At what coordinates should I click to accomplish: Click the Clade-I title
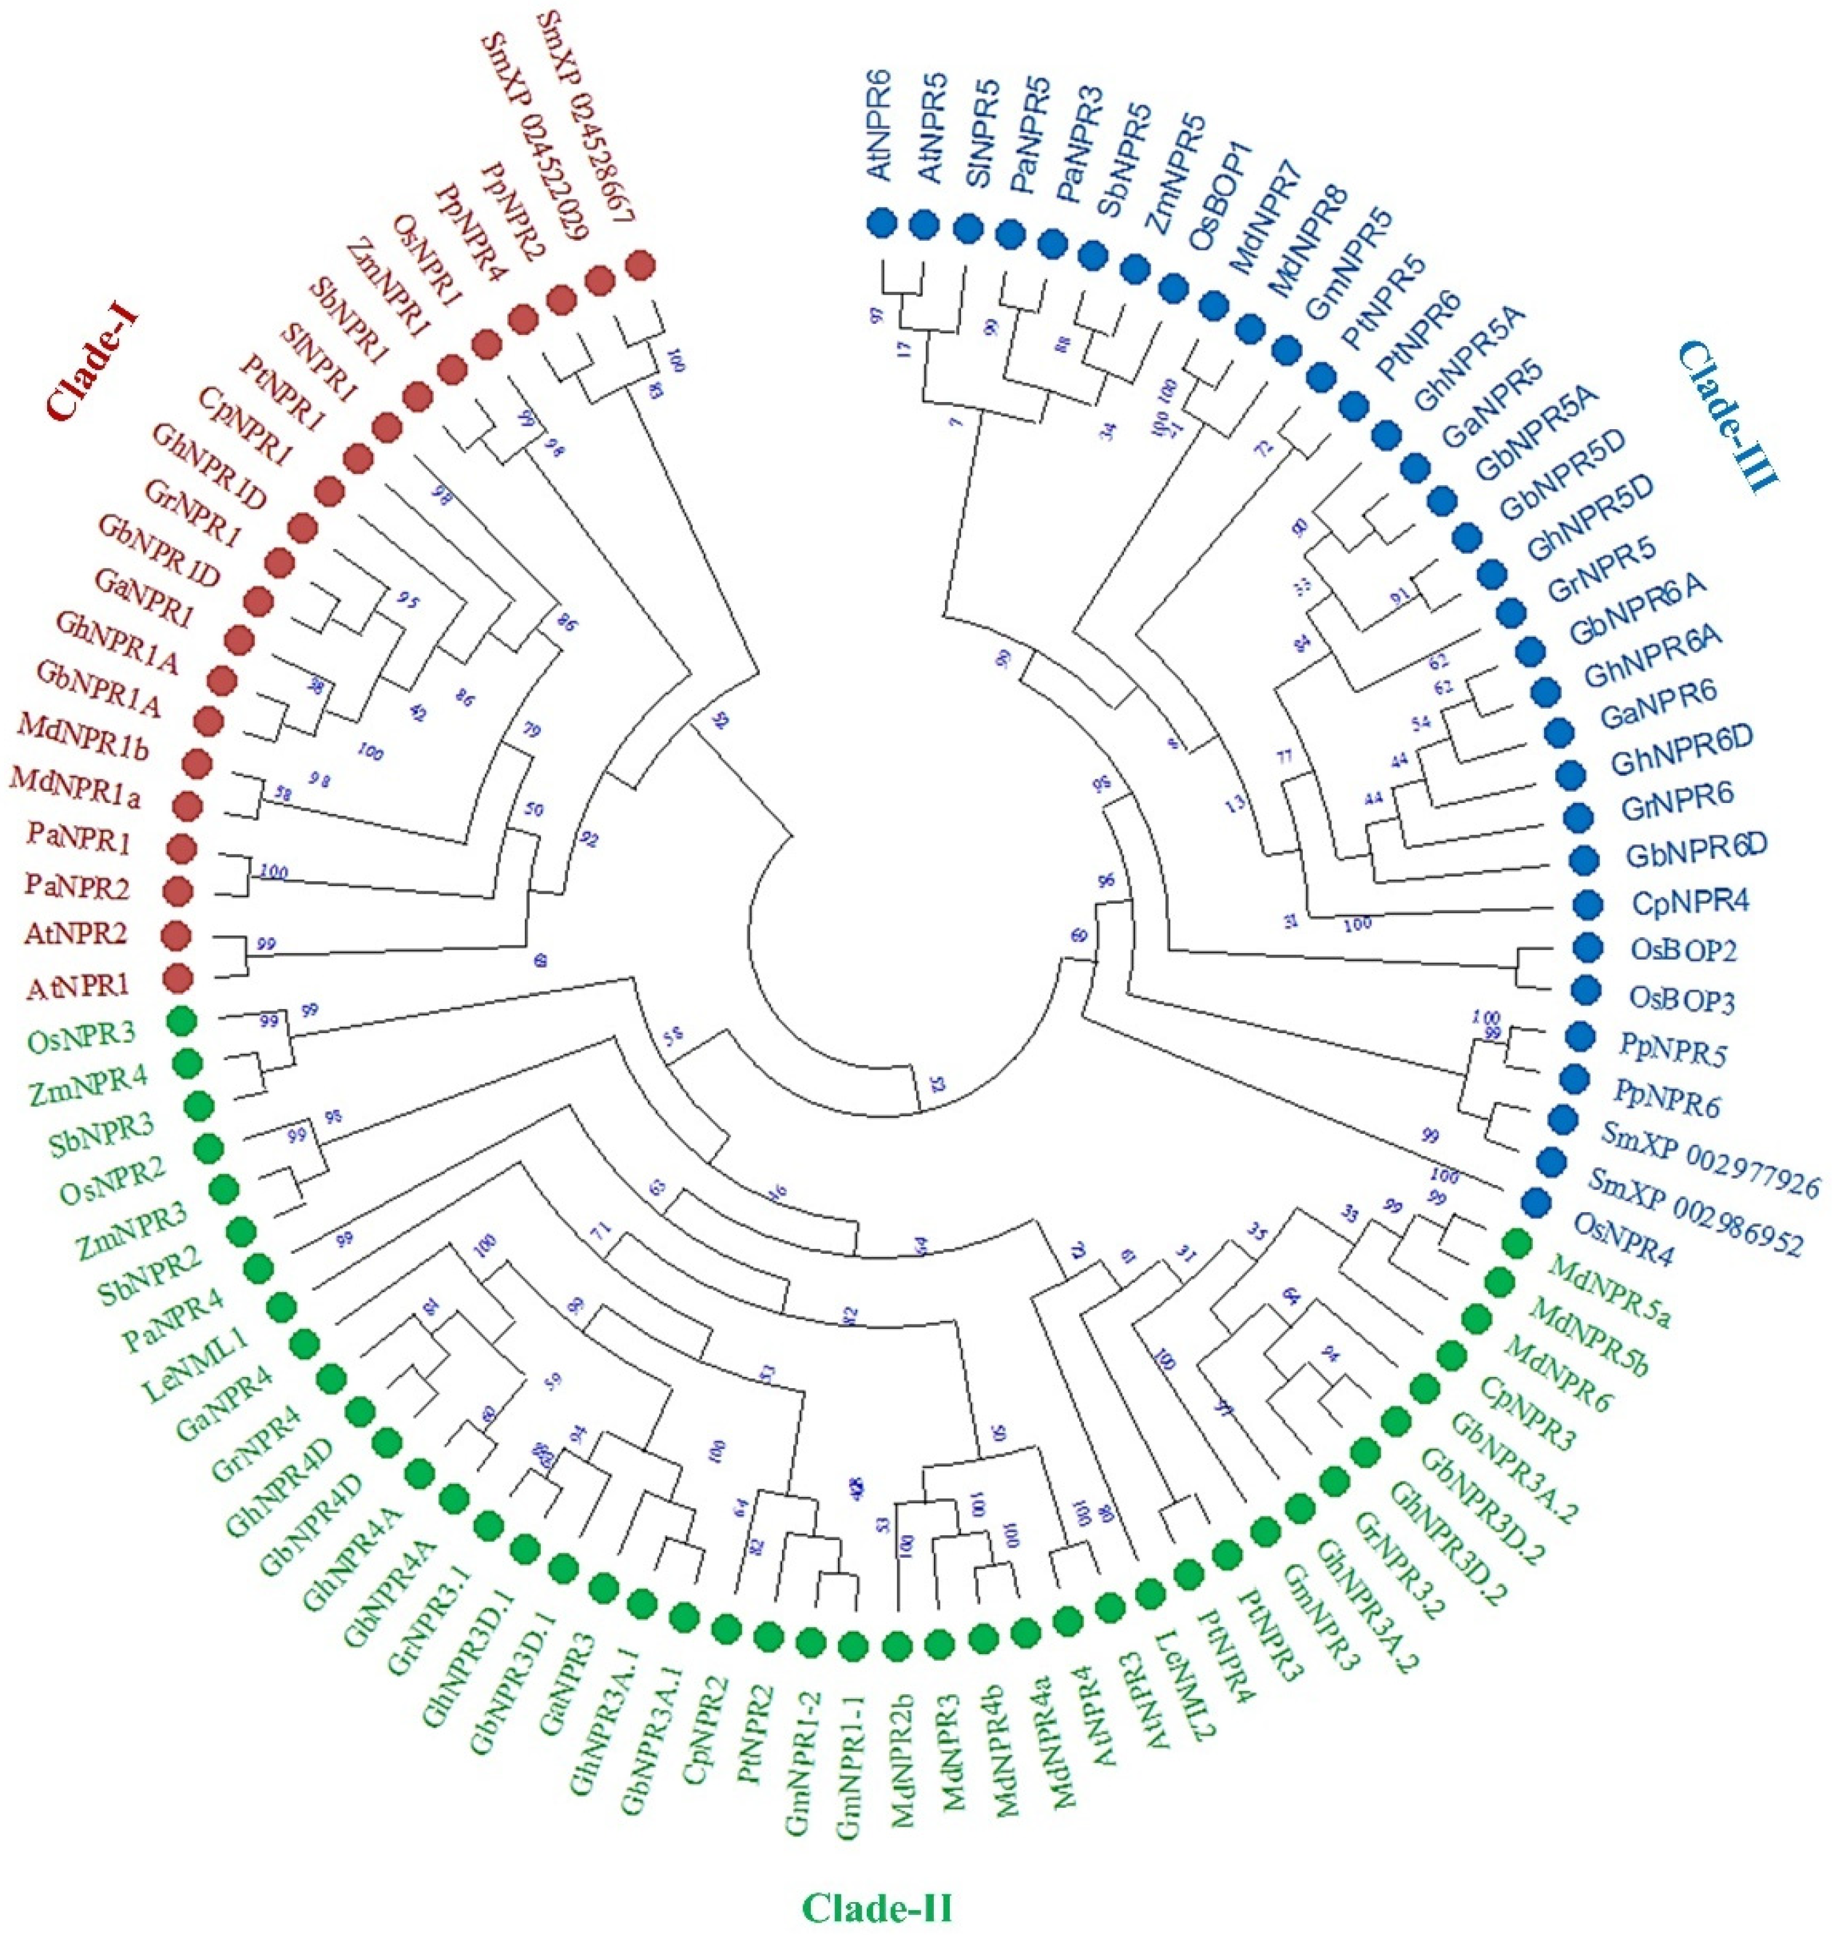[x=93, y=364]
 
